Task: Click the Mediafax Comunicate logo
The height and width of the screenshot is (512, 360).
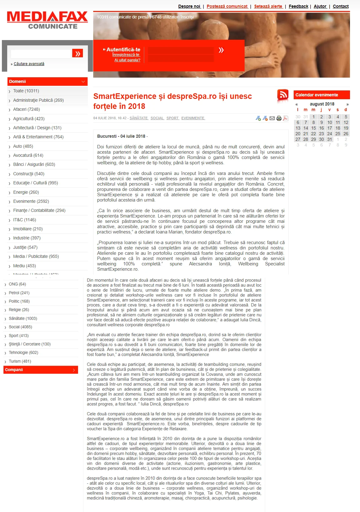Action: [x=47, y=20]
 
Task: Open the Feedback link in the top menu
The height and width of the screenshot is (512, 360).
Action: [x=298, y=6]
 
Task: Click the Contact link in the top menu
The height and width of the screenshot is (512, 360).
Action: [x=340, y=6]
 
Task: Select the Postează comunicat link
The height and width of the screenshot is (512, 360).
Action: [x=227, y=6]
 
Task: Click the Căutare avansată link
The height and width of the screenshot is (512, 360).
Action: [x=29, y=64]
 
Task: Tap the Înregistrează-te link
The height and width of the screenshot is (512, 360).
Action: [x=126, y=55]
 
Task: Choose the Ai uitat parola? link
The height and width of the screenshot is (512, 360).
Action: [x=127, y=60]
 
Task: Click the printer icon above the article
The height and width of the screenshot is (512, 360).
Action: [x=279, y=118]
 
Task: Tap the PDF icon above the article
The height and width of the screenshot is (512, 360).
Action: [x=286, y=118]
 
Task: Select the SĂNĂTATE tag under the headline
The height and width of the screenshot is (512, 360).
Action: [x=139, y=118]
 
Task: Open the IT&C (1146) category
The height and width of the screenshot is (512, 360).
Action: [x=24, y=220]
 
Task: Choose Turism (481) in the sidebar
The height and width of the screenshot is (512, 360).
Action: [x=20, y=361]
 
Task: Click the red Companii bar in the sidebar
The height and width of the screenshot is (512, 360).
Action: [x=41, y=370]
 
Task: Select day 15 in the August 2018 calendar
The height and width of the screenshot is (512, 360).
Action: [x=313, y=128]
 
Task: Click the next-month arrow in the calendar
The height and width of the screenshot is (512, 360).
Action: [x=347, y=104]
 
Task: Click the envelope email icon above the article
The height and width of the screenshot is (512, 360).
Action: [x=272, y=118]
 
